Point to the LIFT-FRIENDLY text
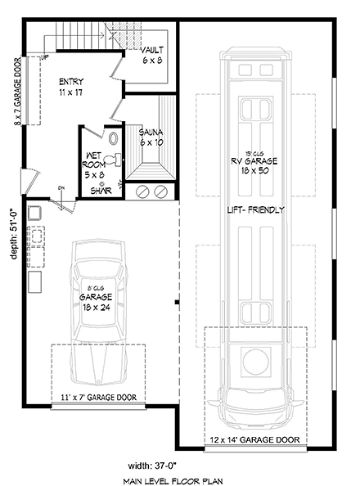pyautogui.click(x=256, y=209)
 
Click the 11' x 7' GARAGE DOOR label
pyautogui.click(x=98, y=398)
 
